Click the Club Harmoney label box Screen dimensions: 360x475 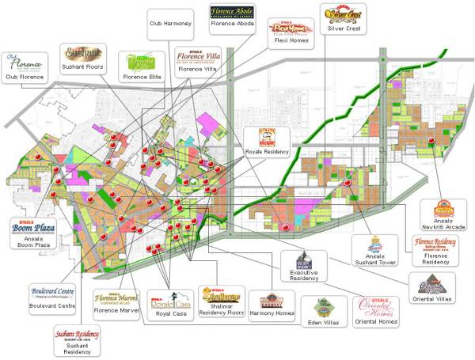(170, 24)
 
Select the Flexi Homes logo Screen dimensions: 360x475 (291, 29)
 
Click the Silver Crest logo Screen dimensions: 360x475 (342, 13)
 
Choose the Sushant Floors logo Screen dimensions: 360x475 (82, 55)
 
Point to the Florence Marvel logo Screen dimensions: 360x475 (117, 299)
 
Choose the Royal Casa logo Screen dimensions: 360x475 (172, 301)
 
